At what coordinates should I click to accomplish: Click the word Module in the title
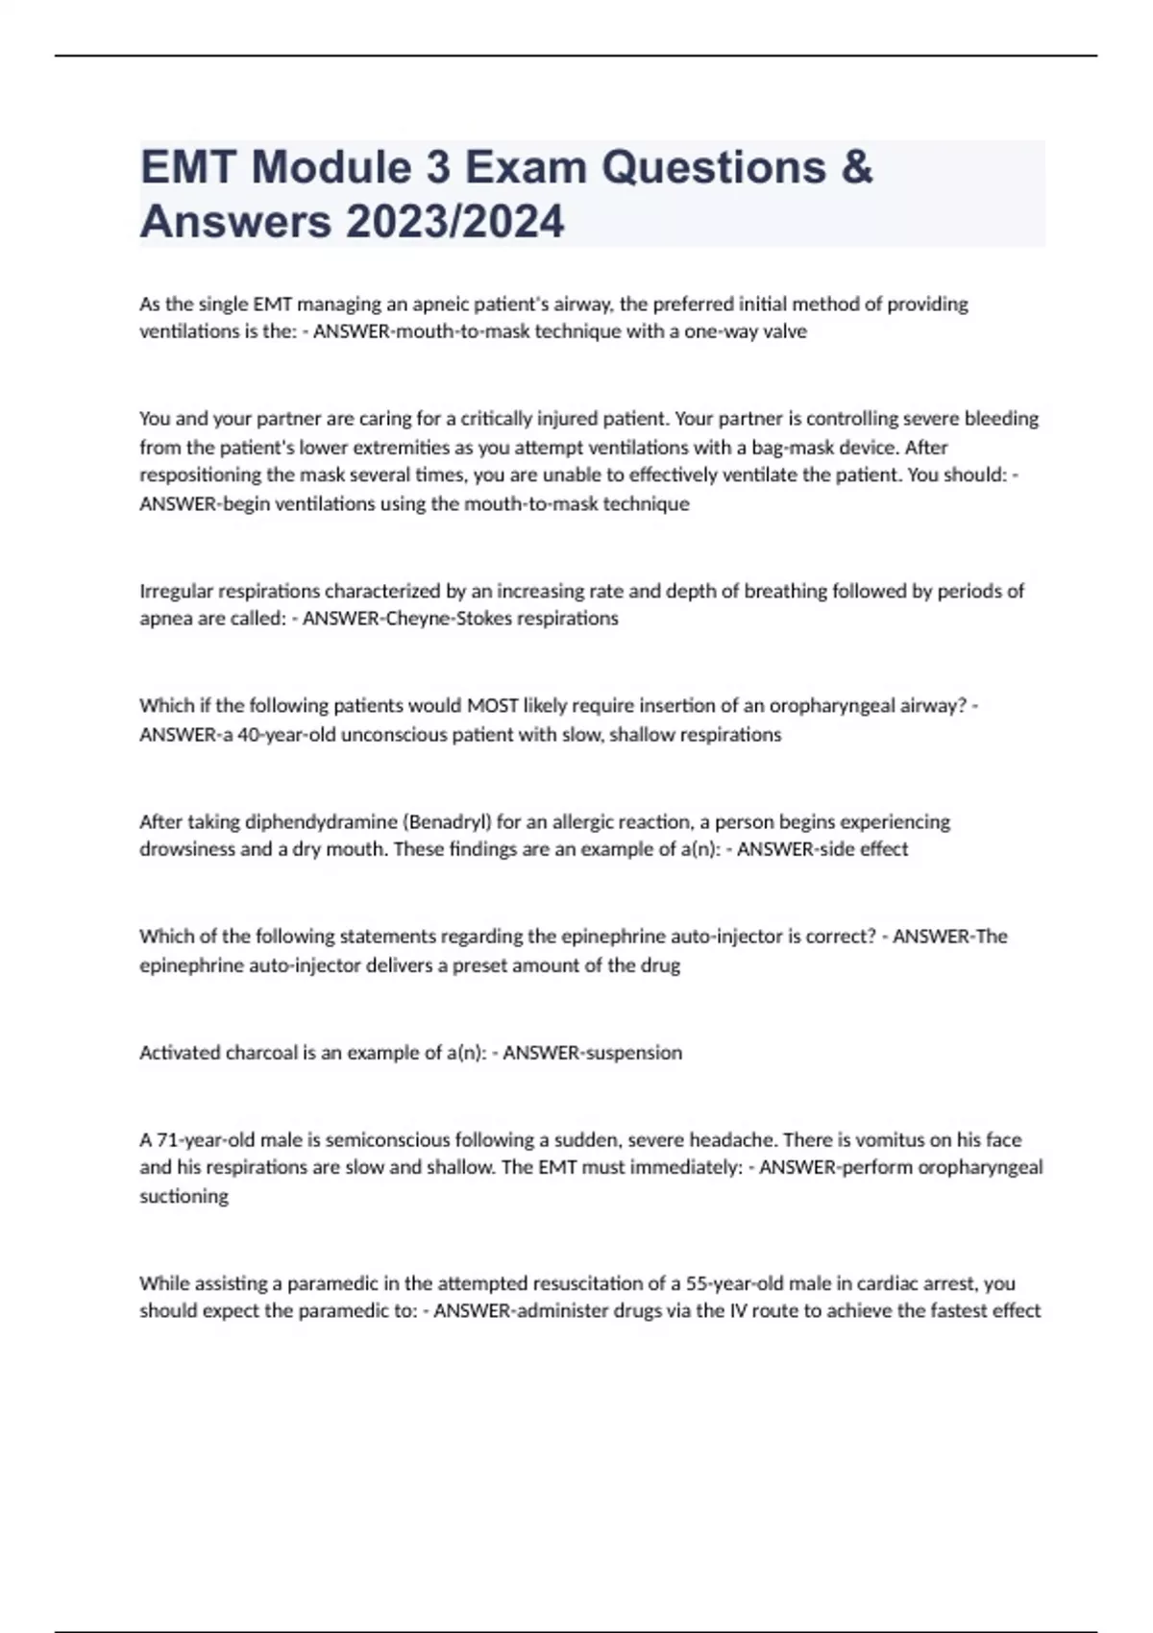331,167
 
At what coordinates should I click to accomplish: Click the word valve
783,331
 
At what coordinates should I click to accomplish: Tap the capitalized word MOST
492,706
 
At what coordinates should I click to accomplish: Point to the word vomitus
889,1140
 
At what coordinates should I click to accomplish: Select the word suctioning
184,1197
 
